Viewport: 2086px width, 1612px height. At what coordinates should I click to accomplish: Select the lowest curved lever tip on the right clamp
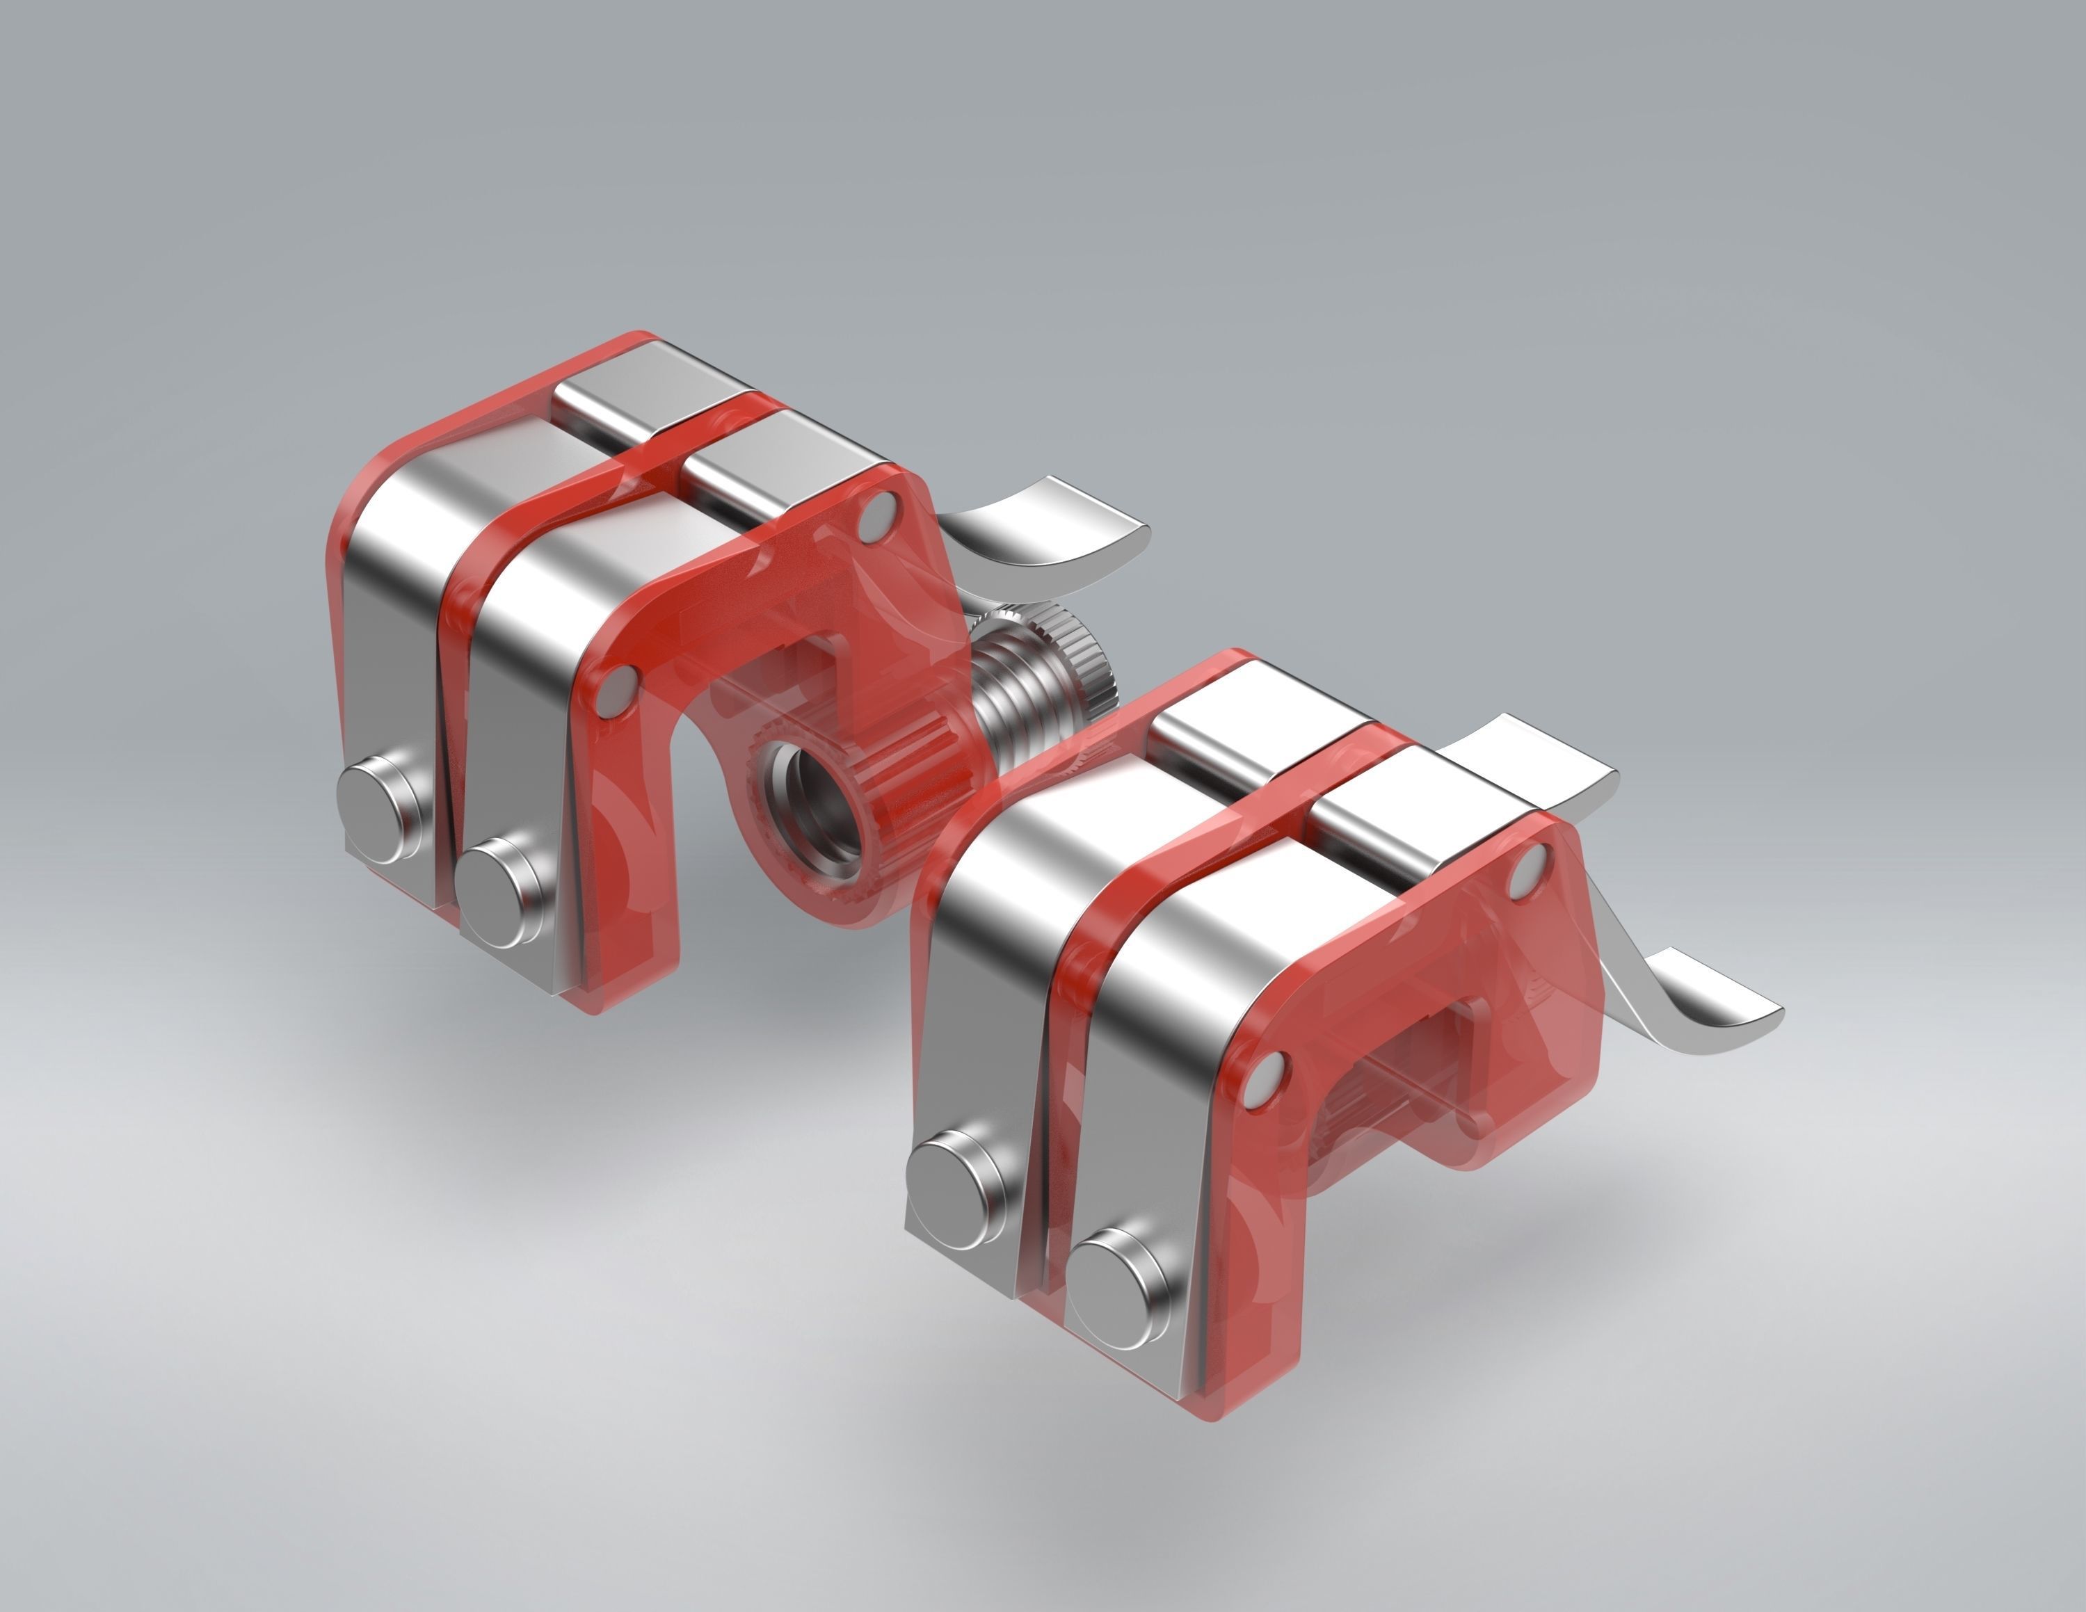[x=1710, y=1017]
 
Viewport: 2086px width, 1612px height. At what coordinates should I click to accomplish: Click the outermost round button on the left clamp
[x=376, y=798]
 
